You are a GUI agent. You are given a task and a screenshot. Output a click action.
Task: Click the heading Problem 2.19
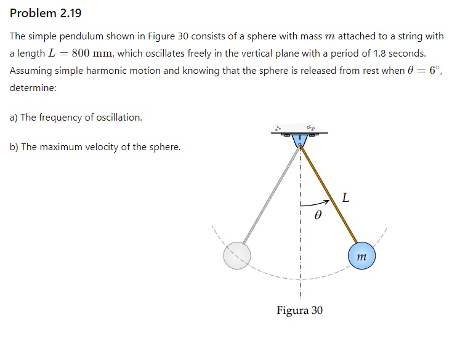click(46, 13)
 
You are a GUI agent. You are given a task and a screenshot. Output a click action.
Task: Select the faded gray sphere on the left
click(237, 255)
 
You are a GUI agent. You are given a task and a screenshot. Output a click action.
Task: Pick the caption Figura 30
click(299, 310)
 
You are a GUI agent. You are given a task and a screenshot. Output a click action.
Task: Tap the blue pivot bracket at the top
click(300, 141)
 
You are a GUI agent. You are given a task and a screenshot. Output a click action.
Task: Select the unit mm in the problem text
click(102, 54)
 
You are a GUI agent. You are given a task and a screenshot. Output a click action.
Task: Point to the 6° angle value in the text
click(435, 70)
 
